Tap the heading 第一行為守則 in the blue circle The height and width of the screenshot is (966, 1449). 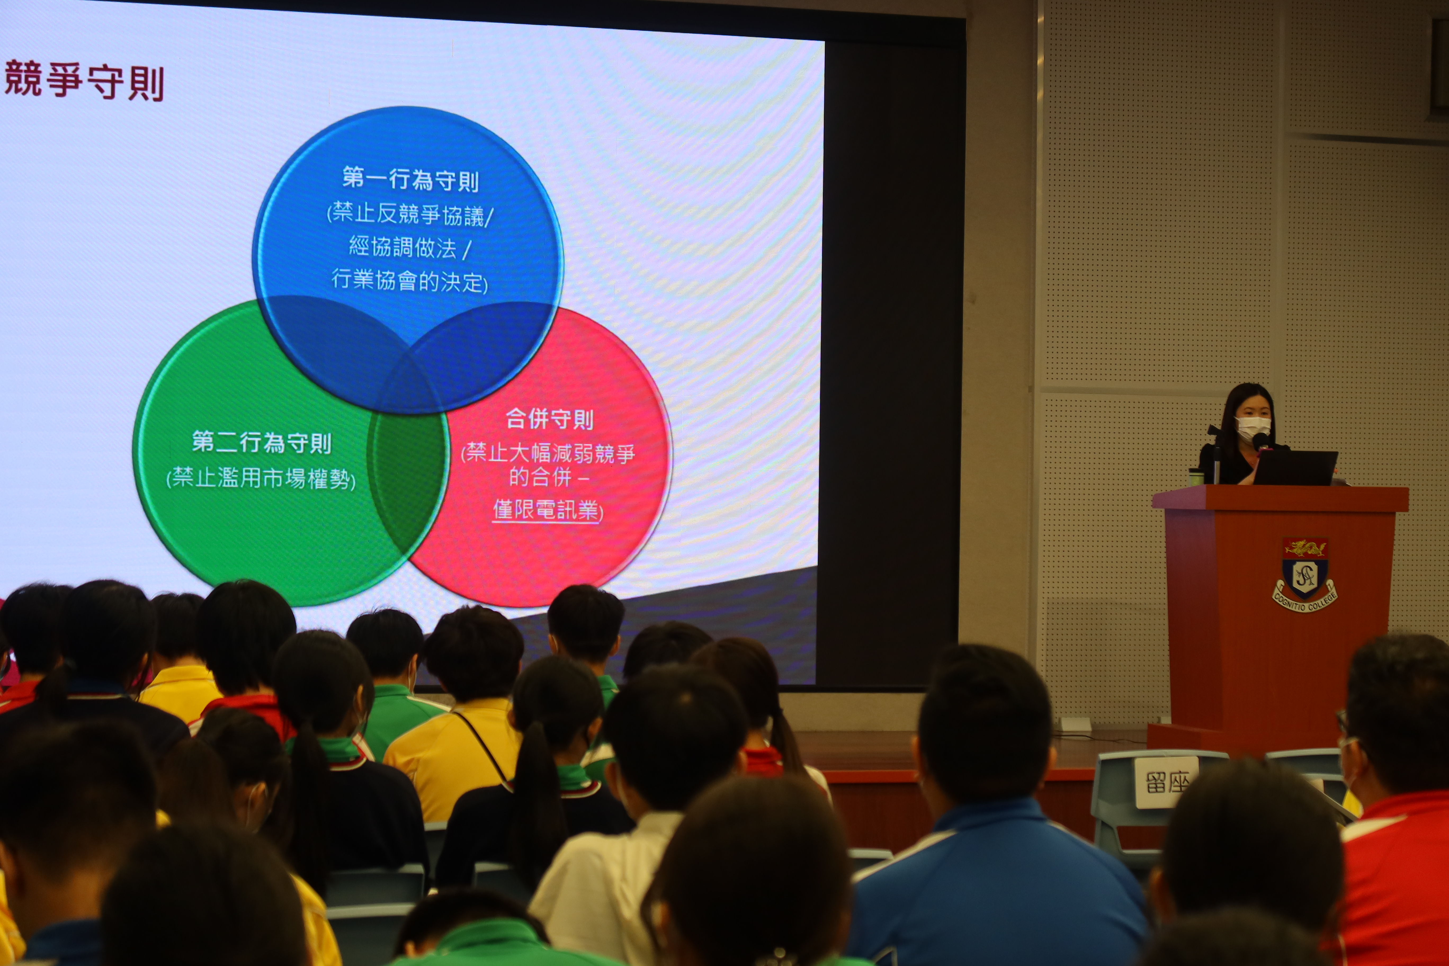point(410,179)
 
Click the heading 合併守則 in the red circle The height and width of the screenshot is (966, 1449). point(549,419)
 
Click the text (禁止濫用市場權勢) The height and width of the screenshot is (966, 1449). point(261,478)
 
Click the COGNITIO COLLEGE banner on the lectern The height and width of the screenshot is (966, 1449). point(1305,601)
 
